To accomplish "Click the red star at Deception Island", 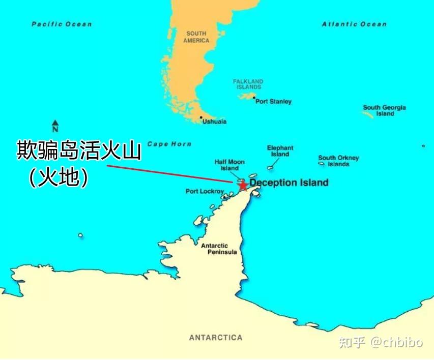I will [x=243, y=185].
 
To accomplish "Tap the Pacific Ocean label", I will [x=62, y=24].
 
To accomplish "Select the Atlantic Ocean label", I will [x=354, y=24].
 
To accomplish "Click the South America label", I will [x=196, y=37].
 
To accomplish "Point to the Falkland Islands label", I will [x=248, y=84].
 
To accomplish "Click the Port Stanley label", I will [x=273, y=102].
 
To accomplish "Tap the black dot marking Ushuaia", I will [x=201, y=118].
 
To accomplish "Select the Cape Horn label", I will [x=169, y=144].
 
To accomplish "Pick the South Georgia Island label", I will [x=384, y=110].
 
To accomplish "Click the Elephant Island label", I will [x=280, y=151].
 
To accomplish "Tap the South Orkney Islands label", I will [x=338, y=161].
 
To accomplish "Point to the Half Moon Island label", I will [x=229, y=165].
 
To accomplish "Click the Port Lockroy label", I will [x=205, y=192].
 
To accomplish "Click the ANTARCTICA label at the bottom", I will [x=216, y=338].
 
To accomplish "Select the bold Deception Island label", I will [x=289, y=183].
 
